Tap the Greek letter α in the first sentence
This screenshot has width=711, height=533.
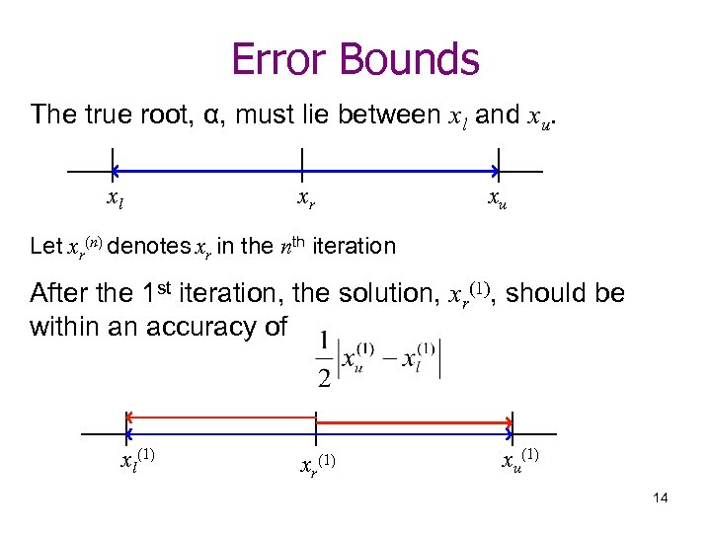coord(210,115)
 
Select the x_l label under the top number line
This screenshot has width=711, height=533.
coord(116,200)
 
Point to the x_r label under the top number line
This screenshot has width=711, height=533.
coord(307,200)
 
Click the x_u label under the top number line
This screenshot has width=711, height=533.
coord(498,200)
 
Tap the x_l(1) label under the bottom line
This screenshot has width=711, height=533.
coord(136,460)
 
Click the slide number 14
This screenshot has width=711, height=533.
coord(661,497)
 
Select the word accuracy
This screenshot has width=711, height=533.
coord(203,327)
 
